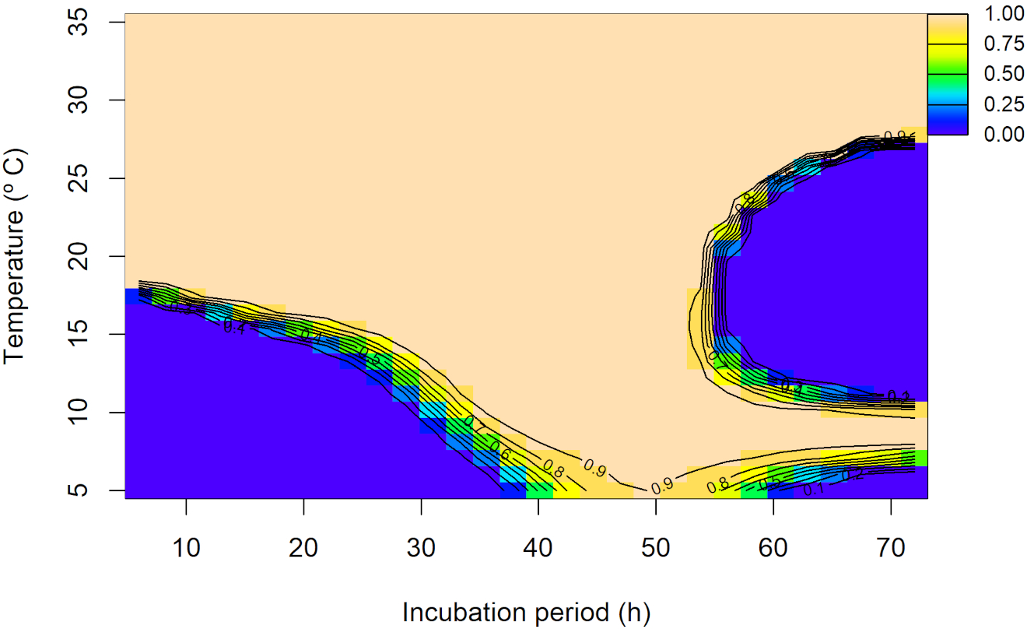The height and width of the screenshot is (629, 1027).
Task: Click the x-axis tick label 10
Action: pyautogui.click(x=186, y=549)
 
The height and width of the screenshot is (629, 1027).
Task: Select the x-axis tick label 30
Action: pyautogui.click(x=421, y=549)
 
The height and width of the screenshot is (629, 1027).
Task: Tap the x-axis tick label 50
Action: pyautogui.click(x=656, y=549)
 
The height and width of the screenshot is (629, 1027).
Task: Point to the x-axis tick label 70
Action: pyautogui.click(x=891, y=549)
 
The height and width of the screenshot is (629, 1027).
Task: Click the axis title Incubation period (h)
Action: pyautogui.click(x=526, y=613)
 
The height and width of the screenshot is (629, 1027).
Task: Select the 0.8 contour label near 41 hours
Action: pyautogui.click(x=553, y=469)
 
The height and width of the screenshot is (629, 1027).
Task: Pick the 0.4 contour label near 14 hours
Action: pyautogui.click(x=234, y=328)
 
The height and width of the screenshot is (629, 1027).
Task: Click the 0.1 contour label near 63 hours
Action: pyautogui.click(x=814, y=490)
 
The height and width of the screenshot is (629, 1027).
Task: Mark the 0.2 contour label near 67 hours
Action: pyautogui.click(x=853, y=475)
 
